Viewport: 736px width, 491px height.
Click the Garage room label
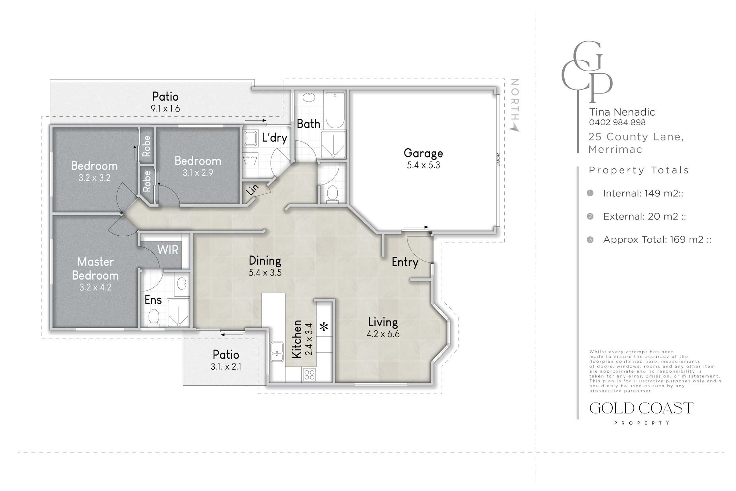(x=423, y=153)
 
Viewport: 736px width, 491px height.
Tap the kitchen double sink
(x=277, y=352)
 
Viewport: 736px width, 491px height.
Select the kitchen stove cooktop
(x=309, y=375)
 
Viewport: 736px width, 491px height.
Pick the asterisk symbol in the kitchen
(x=324, y=327)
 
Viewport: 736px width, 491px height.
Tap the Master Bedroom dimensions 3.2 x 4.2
(x=95, y=287)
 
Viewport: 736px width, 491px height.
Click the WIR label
(x=168, y=250)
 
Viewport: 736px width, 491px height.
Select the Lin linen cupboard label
(x=252, y=190)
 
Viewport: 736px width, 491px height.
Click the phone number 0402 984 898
(x=617, y=122)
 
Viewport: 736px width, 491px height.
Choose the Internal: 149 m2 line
(x=643, y=193)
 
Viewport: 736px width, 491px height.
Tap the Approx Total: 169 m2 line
(x=657, y=239)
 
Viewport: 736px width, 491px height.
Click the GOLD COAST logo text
(x=641, y=408)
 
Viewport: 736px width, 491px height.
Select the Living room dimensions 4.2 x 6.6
(x=383, y=334)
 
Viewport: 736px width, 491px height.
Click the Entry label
(x=405, y=262)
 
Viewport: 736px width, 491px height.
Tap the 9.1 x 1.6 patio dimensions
(x=165, y=109)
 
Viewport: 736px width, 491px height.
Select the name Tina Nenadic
(x=622, y=112)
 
